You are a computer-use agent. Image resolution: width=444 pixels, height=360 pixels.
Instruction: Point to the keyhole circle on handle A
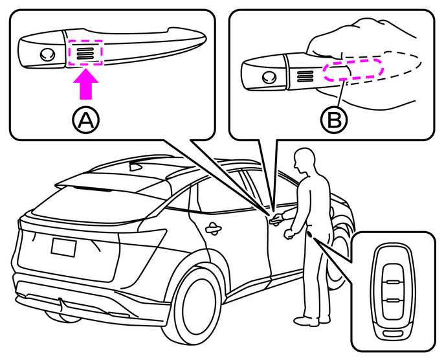pyautogui.click(x=45, y=55)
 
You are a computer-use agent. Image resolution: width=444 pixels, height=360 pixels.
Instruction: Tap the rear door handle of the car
pyautogui.click(x=211, y=227)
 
